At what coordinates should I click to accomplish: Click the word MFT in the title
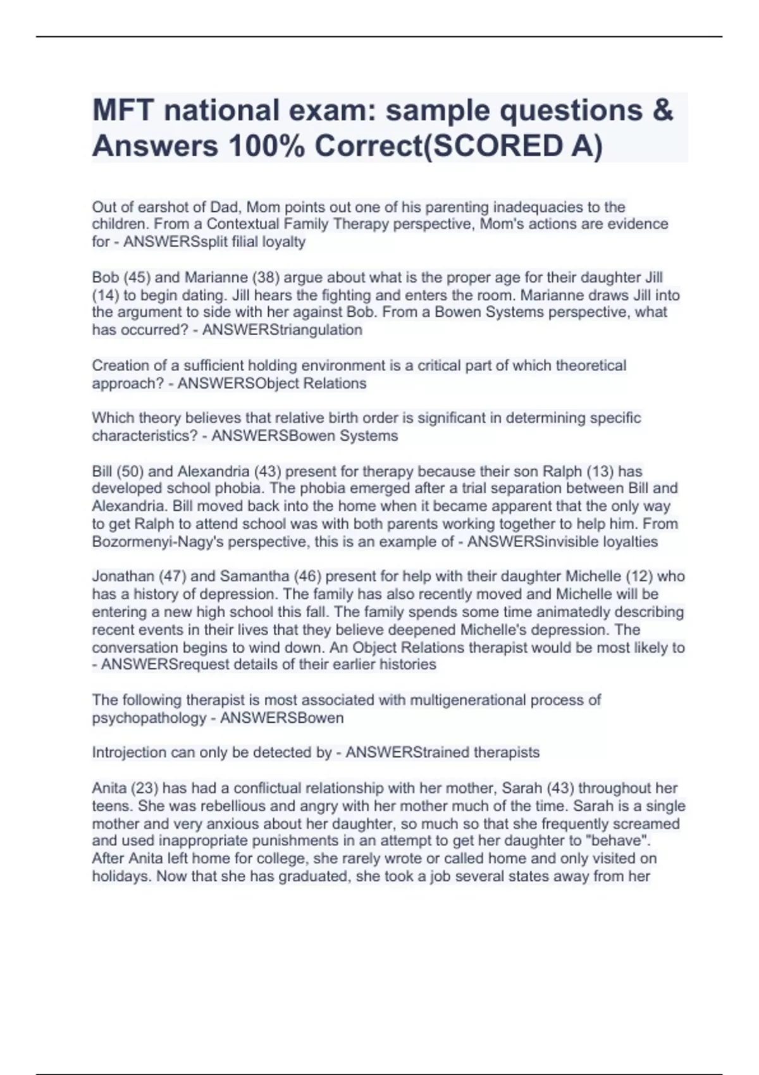[x=123, y=111]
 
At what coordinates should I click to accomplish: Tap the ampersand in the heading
[x=660, y=111]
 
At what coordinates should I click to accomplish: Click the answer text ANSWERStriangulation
[x=282, y=330]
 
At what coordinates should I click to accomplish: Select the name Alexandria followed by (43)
[x=213, y=471]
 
